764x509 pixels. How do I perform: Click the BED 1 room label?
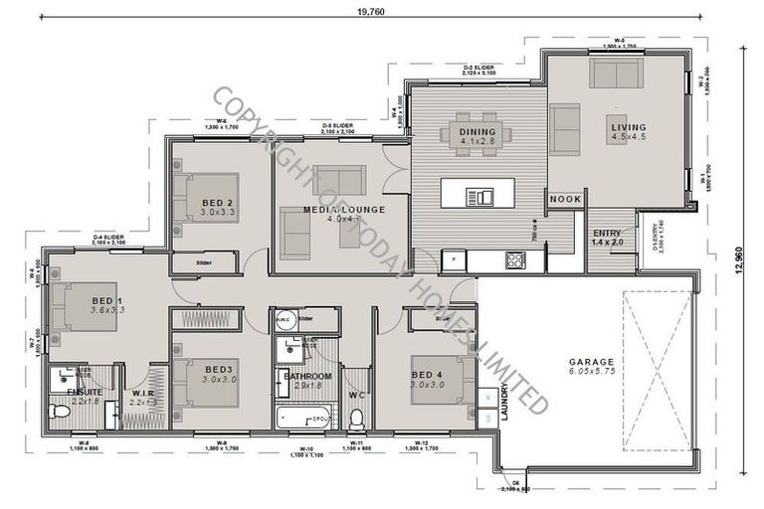tap(106, 300)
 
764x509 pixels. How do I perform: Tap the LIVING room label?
tap(628, 128)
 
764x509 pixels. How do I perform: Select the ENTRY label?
tap(607, 234)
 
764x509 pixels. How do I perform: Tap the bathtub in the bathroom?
tap(307, 419)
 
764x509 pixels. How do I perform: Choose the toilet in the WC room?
tap(356, 419)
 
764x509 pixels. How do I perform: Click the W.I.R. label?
tap(143, 393)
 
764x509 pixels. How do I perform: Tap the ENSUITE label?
tap(85, 392)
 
